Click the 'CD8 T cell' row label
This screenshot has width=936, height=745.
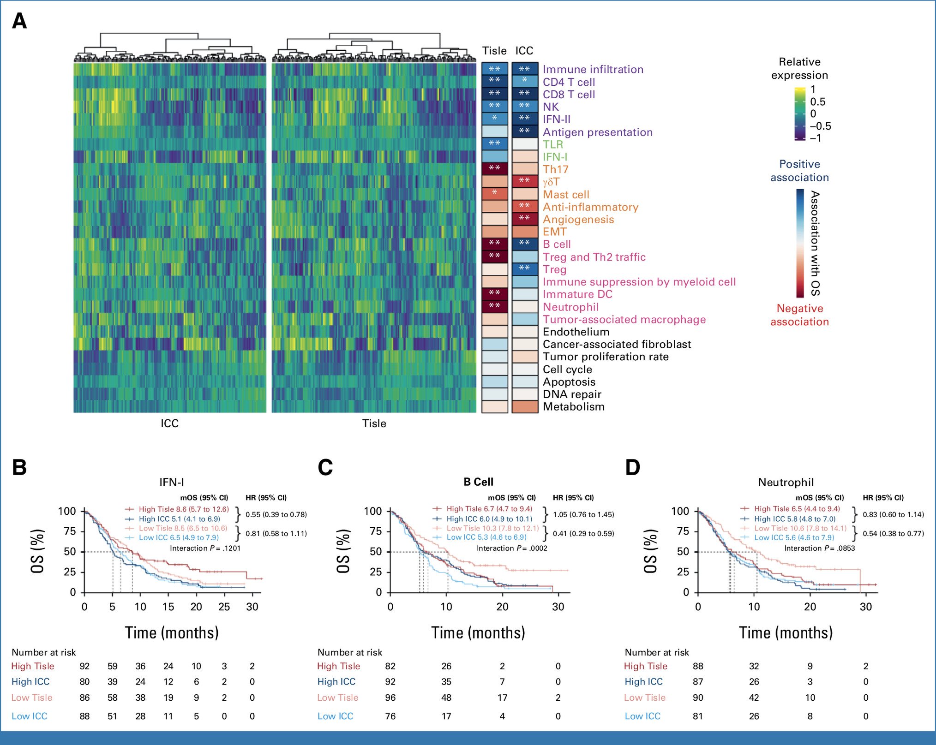569,95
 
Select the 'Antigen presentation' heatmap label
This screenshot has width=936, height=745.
597,132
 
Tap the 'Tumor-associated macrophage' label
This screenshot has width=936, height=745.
624,320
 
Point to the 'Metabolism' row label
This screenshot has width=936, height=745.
573,407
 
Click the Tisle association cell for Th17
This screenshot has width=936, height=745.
494,169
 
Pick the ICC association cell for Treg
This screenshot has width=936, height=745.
525,269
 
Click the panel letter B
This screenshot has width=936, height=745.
19,467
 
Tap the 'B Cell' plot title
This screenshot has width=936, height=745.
478,482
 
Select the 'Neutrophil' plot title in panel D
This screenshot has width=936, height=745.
786,483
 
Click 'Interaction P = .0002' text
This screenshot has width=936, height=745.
511,548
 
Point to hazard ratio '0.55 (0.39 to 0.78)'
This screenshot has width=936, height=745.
276,515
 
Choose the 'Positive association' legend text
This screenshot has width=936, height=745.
799,171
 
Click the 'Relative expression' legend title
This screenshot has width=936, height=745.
799,69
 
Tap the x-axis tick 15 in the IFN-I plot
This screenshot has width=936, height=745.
168,607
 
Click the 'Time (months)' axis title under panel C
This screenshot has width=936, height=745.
478,633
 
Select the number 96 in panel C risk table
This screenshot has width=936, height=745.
390,698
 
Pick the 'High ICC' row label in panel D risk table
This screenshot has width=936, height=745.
643,682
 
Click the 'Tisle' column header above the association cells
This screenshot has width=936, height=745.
494,51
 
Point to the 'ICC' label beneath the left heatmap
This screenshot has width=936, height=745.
169,423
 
